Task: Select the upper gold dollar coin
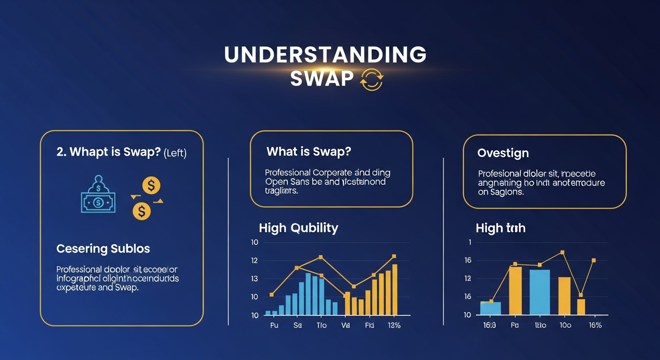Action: coord(151,186)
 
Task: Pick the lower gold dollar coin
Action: coord(142,211)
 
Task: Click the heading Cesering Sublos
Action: coord(103,248)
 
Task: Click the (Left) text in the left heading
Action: coord(175,153)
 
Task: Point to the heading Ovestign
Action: coord(503,153)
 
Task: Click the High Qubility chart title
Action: coord(298,228)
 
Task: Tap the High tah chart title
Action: coord(500,228)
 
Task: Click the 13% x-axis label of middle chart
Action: coord(394,325)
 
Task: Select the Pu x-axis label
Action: coord(274,325)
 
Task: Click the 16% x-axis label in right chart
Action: coord(594,325)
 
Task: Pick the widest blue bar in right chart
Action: coord(540,292)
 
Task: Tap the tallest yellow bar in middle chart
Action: coord(395,290)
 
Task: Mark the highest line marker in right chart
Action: coord(562,252)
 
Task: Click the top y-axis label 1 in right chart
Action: coord(469,242)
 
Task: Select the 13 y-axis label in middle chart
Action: coord(255,278)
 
